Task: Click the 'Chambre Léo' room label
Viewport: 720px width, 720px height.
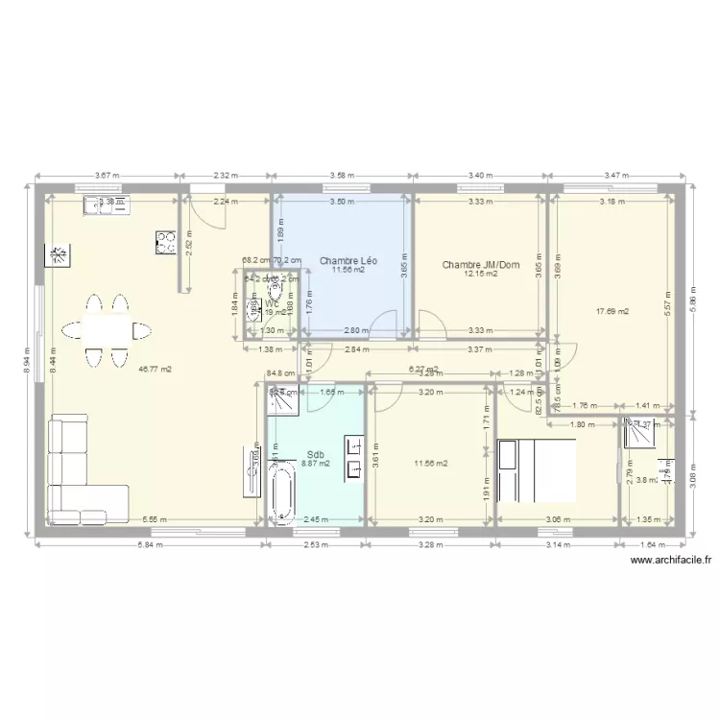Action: (x=348, y=260)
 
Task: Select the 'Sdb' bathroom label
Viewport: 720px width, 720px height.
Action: (x=315, y=454)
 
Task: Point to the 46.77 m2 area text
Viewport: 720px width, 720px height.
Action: (x=155, y=369)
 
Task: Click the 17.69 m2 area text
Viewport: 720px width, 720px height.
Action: (x=612, y=311)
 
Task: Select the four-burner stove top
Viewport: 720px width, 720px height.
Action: (x=164, y=243)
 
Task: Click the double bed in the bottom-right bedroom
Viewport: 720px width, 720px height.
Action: (x=536, y=469)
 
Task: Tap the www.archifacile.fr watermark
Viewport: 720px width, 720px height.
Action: (x=670, y=565)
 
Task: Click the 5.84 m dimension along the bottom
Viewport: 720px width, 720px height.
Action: (x=149, y=545)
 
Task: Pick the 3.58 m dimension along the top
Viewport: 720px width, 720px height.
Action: (x=342, y=176)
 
